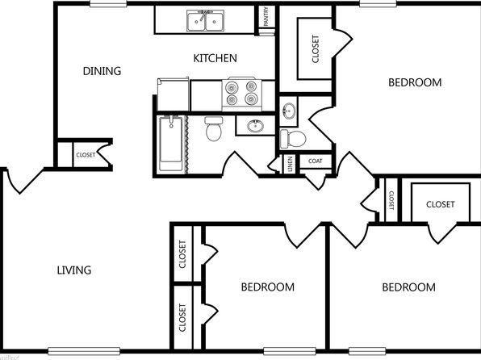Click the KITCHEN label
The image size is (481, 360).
215,58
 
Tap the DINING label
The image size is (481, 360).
102,71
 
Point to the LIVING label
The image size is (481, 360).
74,270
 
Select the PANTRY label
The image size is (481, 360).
266,16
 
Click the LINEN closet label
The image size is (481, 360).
290,164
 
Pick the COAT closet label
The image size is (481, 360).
316,161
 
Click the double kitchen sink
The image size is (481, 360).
205,20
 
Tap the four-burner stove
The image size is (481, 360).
242,94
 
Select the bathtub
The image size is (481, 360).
170,144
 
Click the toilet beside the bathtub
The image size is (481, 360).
214,129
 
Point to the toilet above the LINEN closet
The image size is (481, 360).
293,139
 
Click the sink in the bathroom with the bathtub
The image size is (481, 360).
256,126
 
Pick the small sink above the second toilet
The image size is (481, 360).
289,111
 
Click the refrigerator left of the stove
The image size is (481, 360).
173,94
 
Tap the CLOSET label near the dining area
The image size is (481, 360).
86,155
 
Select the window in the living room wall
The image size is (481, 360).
84,351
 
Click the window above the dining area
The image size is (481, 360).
108,4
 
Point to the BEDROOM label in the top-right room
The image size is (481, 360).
415,82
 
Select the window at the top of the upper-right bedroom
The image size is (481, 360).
378,4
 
